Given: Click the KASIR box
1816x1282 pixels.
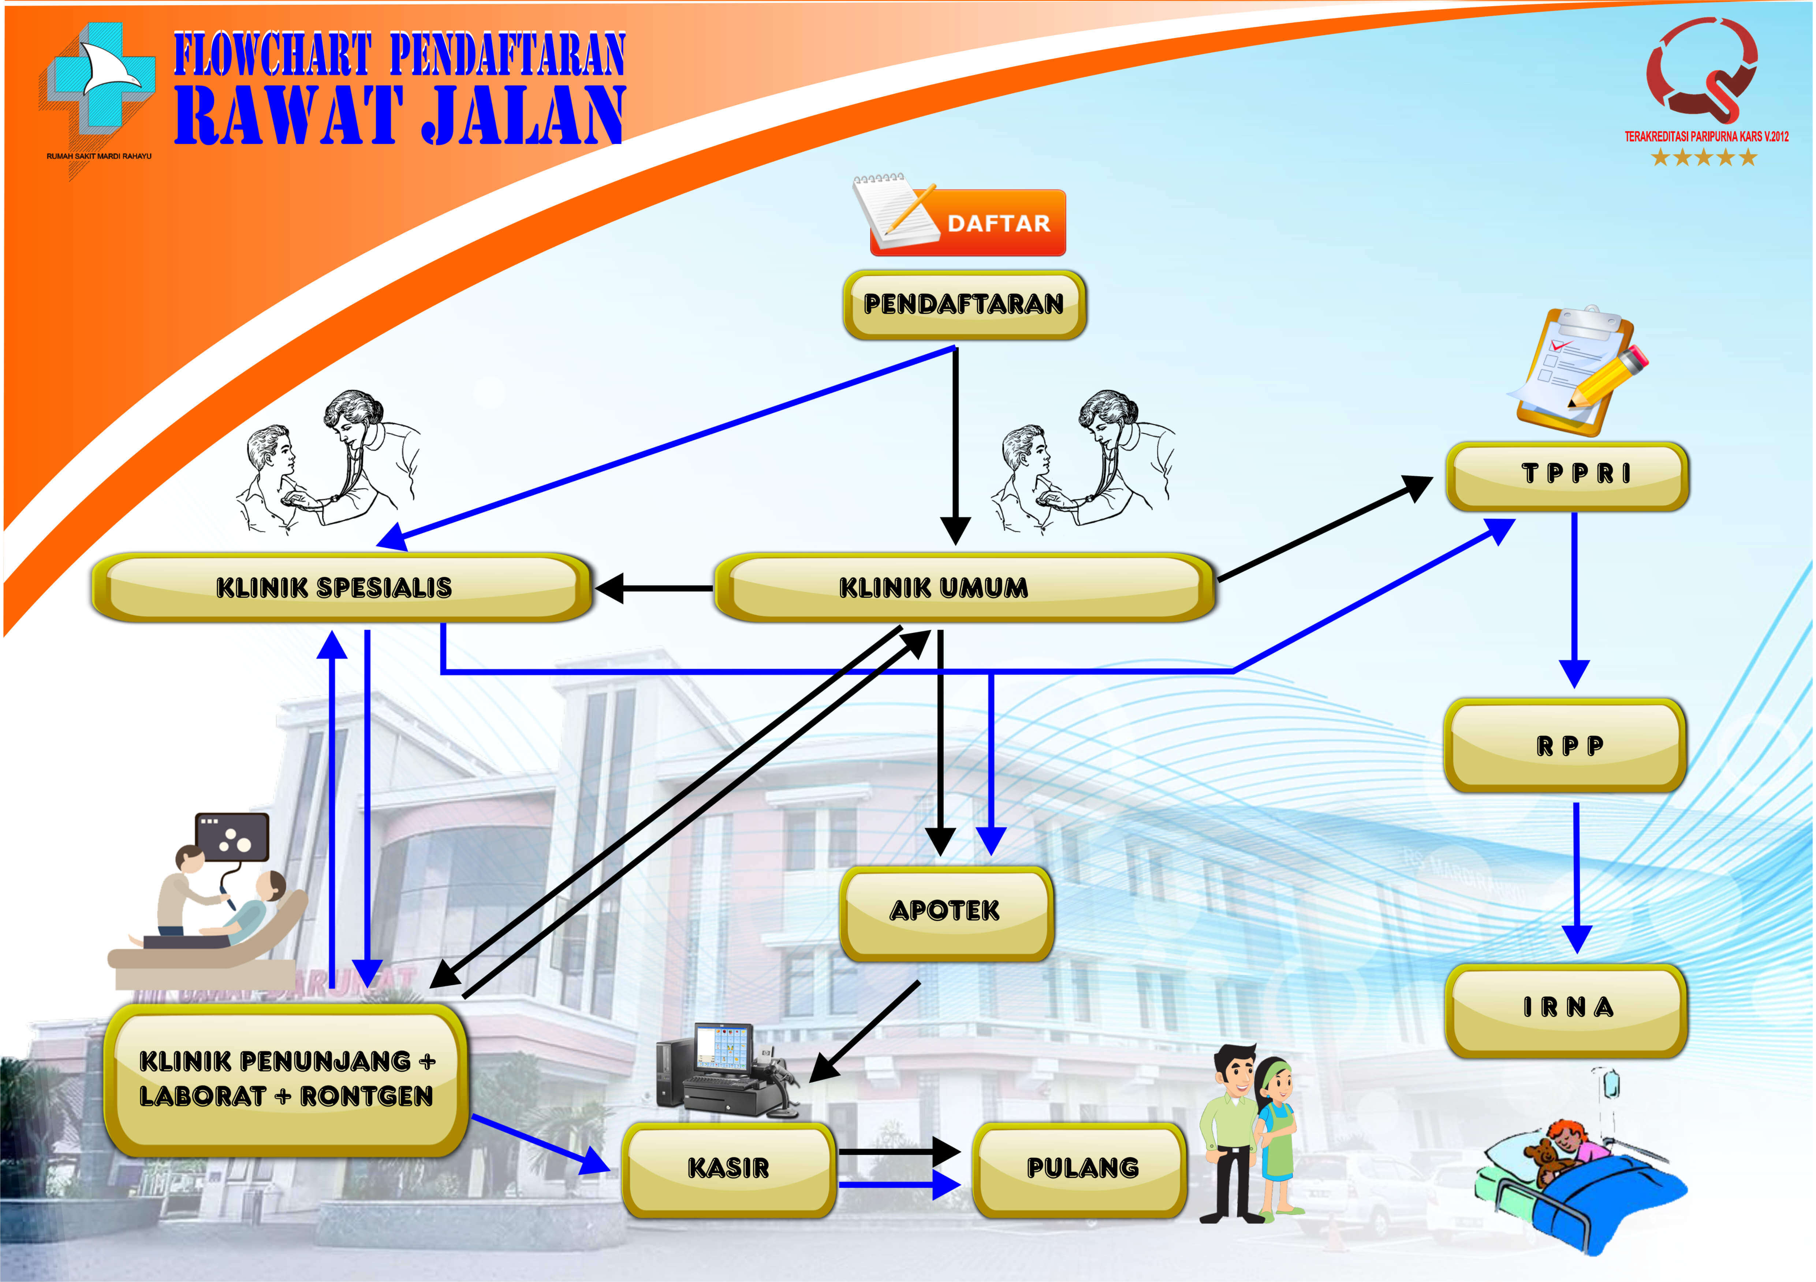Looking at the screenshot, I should click(x=728, y=1169).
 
